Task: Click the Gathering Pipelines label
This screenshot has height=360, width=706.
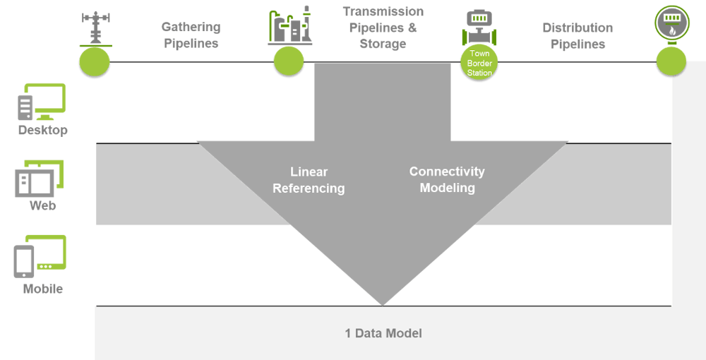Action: (x=191, y=35)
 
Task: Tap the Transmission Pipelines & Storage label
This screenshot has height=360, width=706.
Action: (x=383, y=28)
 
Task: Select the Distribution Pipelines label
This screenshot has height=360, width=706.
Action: (x=578, y=35)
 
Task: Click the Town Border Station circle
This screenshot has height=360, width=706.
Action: (x=479, y=62)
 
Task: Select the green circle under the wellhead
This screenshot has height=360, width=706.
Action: (x=94, y=62)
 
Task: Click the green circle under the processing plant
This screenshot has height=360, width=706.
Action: (x=289, y=62)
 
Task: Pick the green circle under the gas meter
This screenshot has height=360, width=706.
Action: (x=671, y=62)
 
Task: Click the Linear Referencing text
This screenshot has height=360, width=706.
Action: (x=309, y=180)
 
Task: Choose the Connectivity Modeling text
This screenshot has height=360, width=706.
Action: (x=447, y=180)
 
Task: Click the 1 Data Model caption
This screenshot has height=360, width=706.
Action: (x=383, y=333)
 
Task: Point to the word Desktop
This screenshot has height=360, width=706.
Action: (x=43, y=131)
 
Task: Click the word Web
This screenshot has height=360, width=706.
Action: (x=42, y=206)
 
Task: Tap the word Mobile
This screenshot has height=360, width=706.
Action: (x=43, y=289)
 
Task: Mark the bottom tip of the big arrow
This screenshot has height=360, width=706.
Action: (x=383, y=304)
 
